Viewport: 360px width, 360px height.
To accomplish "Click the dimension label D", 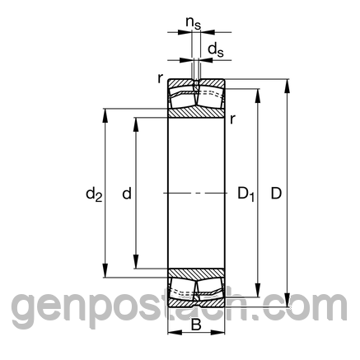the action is pos(276,194).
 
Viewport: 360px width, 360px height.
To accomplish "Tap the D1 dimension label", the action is pos(246,194).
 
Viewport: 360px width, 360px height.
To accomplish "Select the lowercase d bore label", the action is pos(127,194).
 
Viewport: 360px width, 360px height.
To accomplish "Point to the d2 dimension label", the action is pos(94,194).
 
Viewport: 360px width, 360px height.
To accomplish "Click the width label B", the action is pos(196,325).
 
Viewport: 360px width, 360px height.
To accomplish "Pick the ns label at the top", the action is pos(194,23).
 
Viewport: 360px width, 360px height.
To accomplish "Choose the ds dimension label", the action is pos(216,50).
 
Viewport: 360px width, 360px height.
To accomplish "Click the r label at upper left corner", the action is pos(161,79).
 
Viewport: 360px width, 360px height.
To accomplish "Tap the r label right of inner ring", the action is pos(232,119).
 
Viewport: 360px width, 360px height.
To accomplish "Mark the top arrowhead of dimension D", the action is pos(287,86).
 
